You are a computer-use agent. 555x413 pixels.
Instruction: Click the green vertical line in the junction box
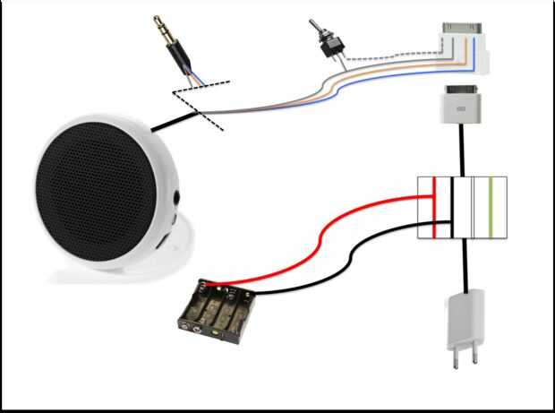tap(491, 208)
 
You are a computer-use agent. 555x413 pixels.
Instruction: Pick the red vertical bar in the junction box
tap(435, 208)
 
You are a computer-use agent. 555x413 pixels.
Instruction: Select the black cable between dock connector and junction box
tap(463, 152)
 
